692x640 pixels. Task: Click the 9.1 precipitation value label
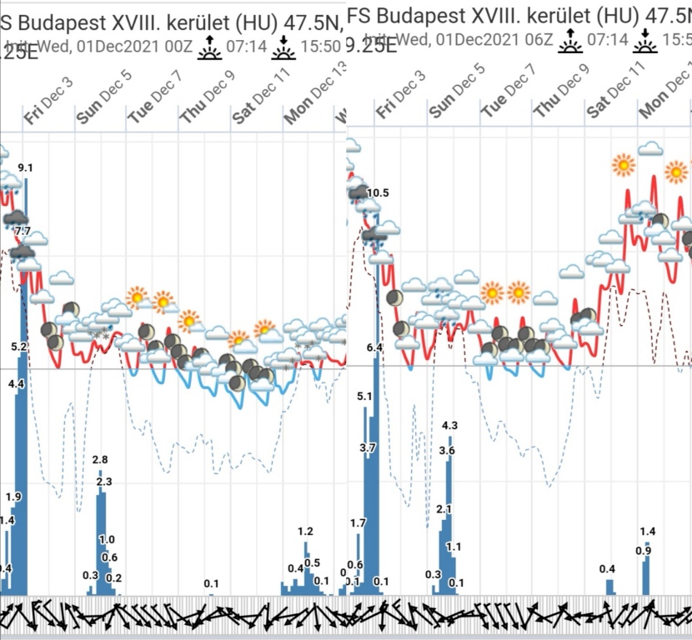25,168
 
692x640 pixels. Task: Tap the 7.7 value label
23,231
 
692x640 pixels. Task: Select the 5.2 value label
19,346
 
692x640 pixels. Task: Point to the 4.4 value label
16,383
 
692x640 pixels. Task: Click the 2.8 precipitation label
100,460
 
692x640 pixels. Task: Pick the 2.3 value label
104,482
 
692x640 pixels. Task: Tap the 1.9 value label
13,497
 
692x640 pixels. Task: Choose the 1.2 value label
305,532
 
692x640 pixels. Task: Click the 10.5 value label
378,193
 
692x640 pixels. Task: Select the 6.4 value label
374,347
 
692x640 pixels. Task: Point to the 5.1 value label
364,397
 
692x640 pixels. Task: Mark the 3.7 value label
369,448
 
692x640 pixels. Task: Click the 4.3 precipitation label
449,426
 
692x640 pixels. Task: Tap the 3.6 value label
447,451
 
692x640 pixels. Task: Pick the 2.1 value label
444,509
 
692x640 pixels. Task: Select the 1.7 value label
359,523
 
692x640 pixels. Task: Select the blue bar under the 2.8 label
100,533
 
